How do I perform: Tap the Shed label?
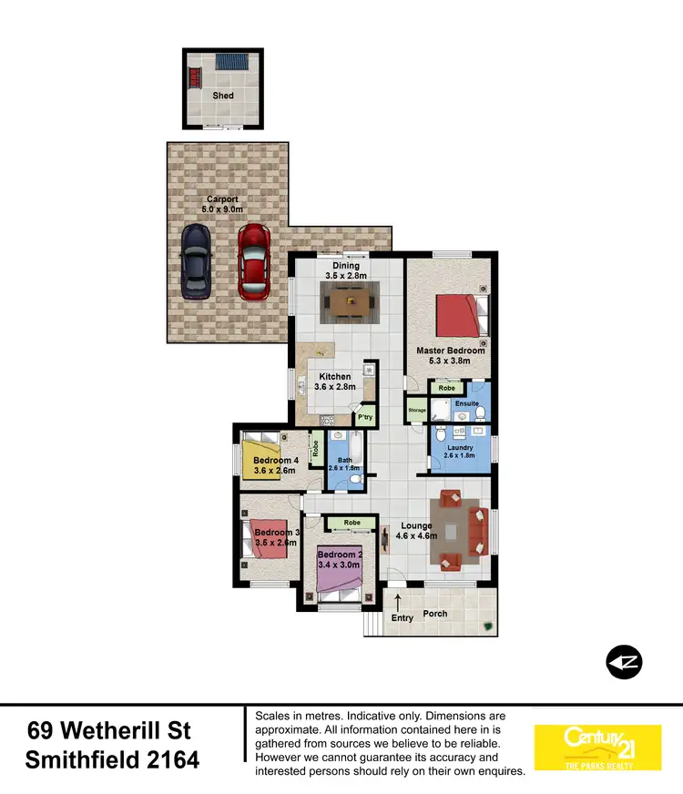(x=223, y=96)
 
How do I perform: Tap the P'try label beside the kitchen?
(x=365, y=417)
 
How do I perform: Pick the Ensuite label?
(x=467, y=402)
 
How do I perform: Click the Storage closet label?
(x=417, y=411)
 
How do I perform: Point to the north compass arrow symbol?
(x=625, y=663)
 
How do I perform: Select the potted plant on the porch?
(x=489, y=626)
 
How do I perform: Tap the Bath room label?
(x=344, y=461)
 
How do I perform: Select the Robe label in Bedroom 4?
(x=315, y=448)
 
